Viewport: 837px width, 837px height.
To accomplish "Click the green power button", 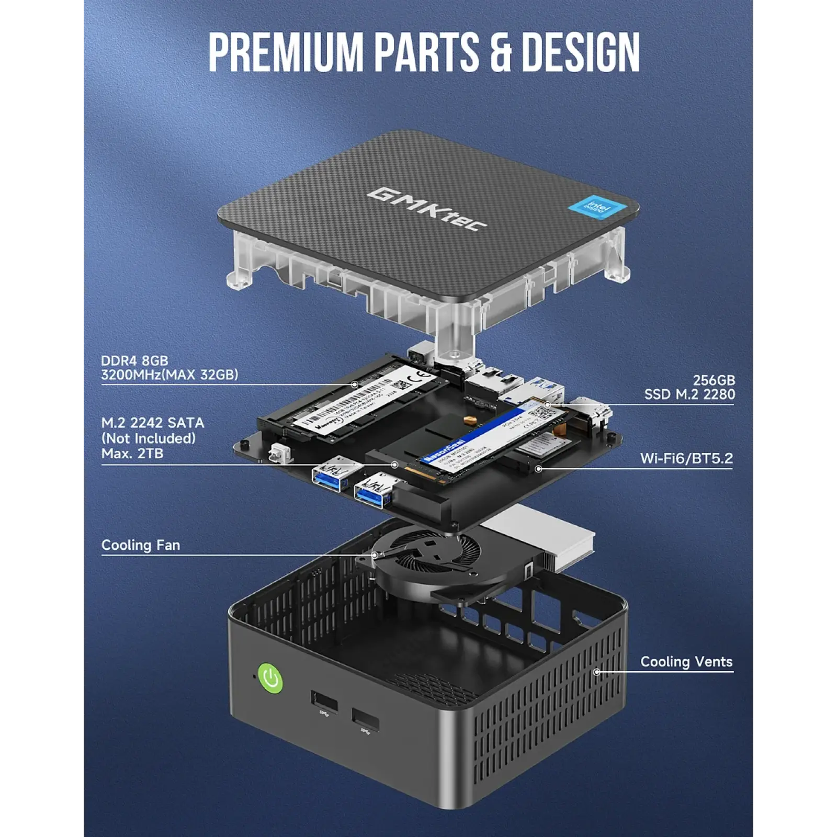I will [x=270, y=678].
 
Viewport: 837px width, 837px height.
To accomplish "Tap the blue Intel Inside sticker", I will [x=596, y=208].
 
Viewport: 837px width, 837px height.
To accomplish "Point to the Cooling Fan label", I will [x=141, y=545].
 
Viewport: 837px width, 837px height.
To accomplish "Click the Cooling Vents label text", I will [x=686, y=662].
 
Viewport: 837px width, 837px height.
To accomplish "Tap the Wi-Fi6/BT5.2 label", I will [x=686, y=458].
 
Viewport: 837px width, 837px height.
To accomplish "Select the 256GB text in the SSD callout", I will [x=714, y=380].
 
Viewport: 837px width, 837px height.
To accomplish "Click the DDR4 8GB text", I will [x=134, y=360].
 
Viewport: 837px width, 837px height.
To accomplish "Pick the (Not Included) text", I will [x=149, y=438].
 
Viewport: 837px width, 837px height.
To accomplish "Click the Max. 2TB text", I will [x=132, y=453].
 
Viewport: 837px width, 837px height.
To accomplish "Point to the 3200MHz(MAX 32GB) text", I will [x=169, y=375].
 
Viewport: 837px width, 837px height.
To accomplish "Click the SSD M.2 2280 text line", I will [x=689, y=394].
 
